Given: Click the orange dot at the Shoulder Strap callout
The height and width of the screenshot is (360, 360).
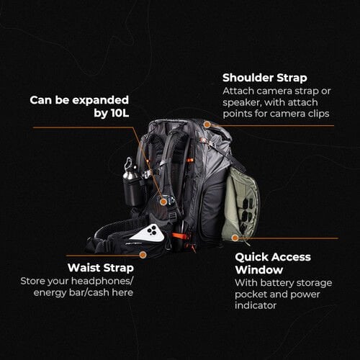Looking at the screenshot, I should (206, 125).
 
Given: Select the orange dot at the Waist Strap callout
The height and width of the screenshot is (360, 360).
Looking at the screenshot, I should (143, 254).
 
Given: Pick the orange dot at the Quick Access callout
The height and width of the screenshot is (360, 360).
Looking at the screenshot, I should (244, 238).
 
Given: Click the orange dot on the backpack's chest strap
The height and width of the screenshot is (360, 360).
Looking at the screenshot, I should (163, 202).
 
